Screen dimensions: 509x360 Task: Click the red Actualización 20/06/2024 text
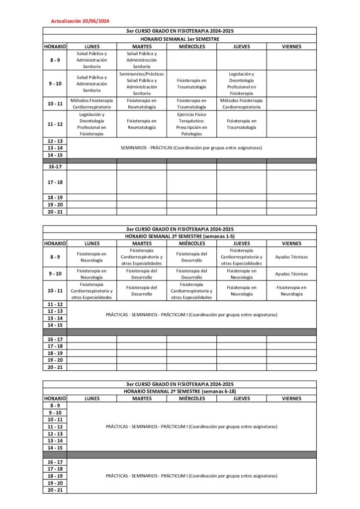point(80,21)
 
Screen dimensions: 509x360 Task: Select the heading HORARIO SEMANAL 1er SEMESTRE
point(180,39)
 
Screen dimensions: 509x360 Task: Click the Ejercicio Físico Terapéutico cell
point(191,124)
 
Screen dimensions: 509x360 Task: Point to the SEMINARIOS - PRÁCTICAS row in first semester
point(191,148)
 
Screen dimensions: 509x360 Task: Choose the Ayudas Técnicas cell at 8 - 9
point(291,257)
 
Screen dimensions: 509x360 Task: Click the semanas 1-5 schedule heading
point(180,236)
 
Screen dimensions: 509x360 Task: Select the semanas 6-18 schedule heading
point(180,391)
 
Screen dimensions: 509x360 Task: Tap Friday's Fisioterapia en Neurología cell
point(291,290)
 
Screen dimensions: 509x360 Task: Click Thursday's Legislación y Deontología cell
point(242,84)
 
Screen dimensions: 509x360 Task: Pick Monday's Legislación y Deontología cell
point(92,124)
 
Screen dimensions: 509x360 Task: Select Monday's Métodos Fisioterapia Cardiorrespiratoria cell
point(92,103)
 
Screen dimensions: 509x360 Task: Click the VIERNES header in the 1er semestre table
point(291,46)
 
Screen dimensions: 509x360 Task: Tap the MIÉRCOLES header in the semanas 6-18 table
point(191,398)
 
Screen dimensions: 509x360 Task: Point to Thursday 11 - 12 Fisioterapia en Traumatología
point(242,124)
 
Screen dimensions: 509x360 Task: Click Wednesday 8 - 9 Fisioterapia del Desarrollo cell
point(191,257)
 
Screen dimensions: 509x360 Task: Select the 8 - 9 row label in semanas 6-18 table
point(55,406)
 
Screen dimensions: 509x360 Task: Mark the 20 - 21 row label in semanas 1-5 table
point(55,367)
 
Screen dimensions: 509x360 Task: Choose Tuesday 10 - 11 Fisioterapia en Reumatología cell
point(142,103)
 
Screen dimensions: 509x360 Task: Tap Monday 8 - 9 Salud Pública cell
point(92,60)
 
